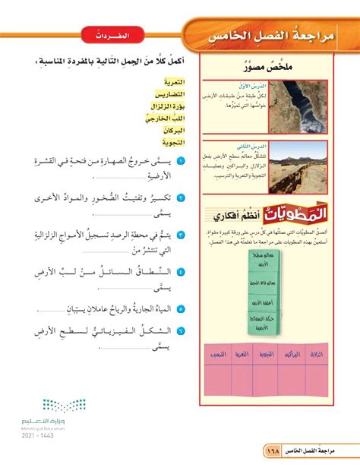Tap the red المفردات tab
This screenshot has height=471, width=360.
(113, 36)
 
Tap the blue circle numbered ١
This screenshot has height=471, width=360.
(182, 163)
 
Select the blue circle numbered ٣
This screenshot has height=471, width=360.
(182, 232)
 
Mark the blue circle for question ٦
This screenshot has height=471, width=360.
(182, 330)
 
